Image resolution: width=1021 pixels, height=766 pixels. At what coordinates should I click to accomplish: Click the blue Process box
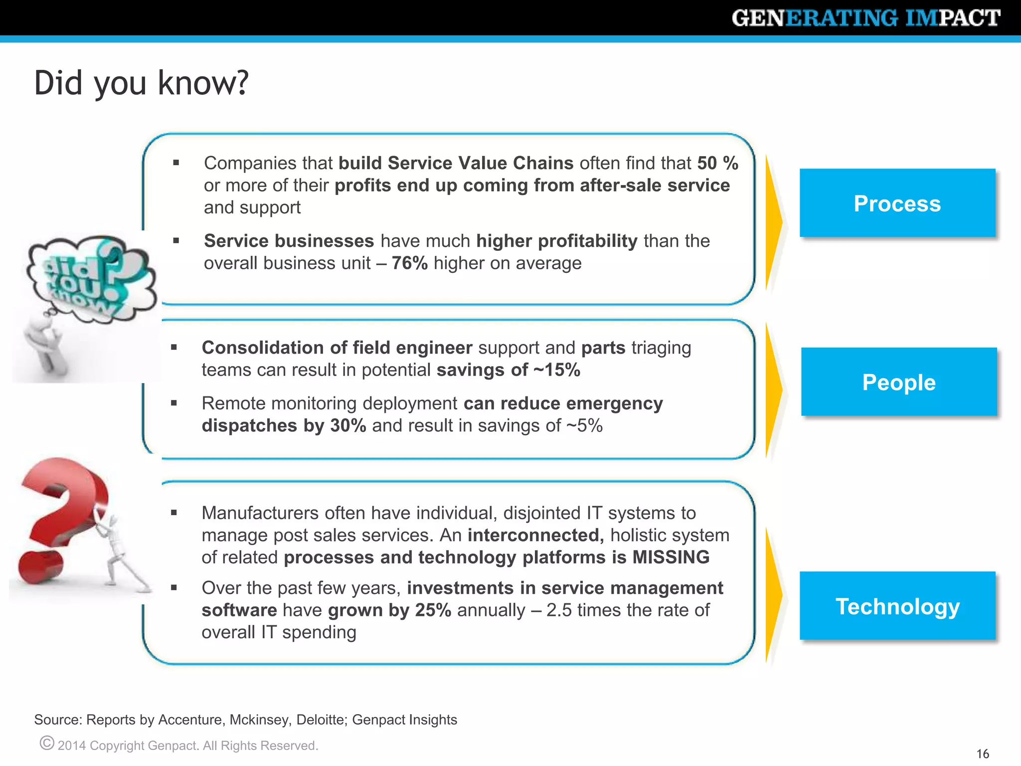(897, 203)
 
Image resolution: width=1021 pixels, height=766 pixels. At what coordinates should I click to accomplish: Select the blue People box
(899, 382)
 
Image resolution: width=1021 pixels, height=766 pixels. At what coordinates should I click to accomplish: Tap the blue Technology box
(897, 606)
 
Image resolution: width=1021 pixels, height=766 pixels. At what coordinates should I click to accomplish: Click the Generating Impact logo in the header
(866, 18)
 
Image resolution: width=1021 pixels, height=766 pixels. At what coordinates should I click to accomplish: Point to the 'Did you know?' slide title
(141, 83)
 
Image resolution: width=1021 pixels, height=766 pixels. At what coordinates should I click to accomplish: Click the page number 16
(983, 754)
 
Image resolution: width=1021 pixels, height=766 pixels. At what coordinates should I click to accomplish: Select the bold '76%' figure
(409, 263)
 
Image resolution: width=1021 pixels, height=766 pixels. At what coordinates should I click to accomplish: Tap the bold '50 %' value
(717, 163)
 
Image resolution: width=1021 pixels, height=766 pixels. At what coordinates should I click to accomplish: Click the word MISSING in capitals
(671, 557)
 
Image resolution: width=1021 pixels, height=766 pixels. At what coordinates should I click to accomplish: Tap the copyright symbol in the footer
(46, 743)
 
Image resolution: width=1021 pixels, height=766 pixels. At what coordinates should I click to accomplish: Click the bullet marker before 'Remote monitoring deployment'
(174, 403)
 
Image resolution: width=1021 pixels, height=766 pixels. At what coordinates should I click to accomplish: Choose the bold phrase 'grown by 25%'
(389, 610)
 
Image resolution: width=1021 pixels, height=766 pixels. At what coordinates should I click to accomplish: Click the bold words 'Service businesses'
(289, 241)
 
